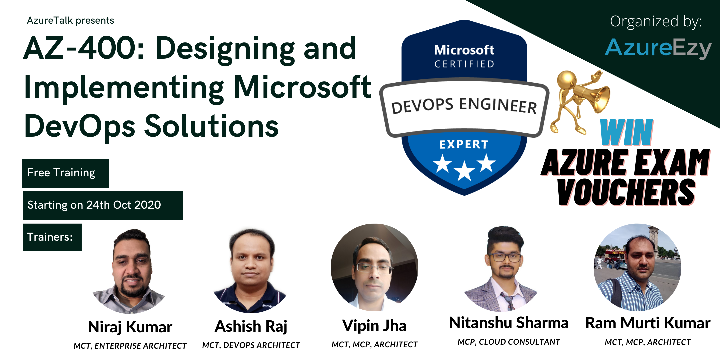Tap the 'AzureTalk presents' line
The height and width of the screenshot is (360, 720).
coord(70,21)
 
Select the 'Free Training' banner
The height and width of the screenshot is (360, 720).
coord(66,173)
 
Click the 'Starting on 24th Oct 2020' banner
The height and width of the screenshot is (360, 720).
coord(103,205)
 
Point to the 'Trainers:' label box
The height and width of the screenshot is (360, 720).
coord(52,237)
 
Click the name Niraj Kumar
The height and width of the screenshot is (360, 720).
coord(130,327)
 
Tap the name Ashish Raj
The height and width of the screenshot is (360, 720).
coord(251,326)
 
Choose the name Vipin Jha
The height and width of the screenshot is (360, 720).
coord(374,326)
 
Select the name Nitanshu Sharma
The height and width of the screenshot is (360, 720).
coord(509,323)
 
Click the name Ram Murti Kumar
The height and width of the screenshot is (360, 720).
coord(648,323)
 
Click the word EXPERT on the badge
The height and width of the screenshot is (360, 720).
coord(464,145)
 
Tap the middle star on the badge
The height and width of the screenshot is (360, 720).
coord(464,171)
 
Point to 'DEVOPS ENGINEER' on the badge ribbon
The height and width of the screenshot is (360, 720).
coord(464,106)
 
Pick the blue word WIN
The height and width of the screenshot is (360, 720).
coord(626,133)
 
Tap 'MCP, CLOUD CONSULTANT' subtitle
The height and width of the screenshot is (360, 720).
coord(509,342)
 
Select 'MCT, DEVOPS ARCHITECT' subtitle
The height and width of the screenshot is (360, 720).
coord(251,345)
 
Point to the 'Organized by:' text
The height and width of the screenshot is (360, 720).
coord(656,21)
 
